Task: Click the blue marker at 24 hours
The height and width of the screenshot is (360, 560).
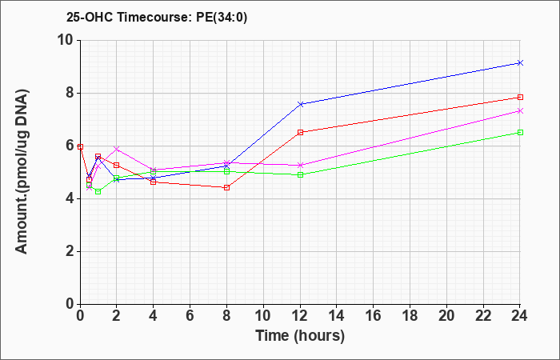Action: (x=520, y=63)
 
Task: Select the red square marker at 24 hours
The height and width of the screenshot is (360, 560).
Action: (x=520, y=97)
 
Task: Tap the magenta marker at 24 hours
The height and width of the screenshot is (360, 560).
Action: (x=520, y=111)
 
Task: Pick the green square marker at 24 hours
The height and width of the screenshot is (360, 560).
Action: (x=520, y=133)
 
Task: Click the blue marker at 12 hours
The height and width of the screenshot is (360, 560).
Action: (x=300, y=104)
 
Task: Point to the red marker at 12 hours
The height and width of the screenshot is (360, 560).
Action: (x=300, y=133)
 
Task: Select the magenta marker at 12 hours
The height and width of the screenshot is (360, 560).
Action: (x=300, y=166)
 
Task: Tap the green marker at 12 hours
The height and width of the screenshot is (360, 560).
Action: (x=300, y=175)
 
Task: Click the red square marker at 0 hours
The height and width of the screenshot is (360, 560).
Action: (x=80, y=146)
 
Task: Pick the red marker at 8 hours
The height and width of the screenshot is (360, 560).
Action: (x=226, y=187)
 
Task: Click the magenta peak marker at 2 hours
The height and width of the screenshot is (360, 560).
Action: (x=117, y=149)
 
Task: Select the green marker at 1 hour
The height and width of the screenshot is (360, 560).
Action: (x=98, y=192)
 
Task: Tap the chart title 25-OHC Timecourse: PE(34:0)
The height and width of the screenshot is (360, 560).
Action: (x=157, y=17)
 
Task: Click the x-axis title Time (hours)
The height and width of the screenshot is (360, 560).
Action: (x=300, y=336)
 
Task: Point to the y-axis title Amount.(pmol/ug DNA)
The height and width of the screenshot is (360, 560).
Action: (x=22, y=172)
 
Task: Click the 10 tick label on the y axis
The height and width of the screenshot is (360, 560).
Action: (x=66, y=40)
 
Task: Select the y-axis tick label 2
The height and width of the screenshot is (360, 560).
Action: (x=70, y=251)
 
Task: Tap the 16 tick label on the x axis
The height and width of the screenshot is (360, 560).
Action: (x=374, y=316)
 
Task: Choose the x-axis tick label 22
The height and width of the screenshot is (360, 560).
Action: (x=483, y=316)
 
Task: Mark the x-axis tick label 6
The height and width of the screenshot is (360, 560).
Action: (x=190, y=316)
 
